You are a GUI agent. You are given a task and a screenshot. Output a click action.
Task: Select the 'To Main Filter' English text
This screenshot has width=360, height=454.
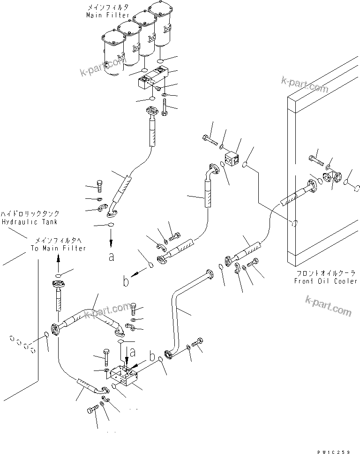point(59,248)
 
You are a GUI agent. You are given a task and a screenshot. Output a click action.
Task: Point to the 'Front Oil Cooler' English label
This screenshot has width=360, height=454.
point(326,281)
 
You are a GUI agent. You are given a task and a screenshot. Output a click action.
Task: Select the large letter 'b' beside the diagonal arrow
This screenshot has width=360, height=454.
point(125,281)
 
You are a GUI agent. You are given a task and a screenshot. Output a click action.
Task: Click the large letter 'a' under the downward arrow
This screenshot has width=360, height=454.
point(111,257)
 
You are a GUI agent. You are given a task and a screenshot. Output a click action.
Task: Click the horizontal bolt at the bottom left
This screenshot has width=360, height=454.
point(94,409)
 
